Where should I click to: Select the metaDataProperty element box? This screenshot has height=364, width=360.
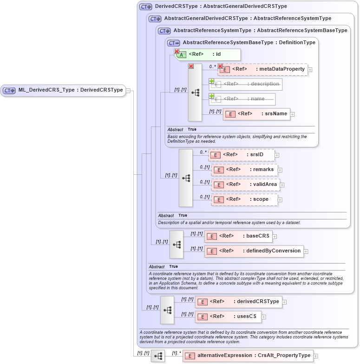point(262,69)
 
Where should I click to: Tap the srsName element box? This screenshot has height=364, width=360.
point(256,114)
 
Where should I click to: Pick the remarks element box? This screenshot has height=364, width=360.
point(244,170)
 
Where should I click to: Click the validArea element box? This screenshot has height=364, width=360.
point(246,185)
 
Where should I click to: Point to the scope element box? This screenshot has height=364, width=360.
point(244,199)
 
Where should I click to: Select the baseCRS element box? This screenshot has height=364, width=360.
point(238,236)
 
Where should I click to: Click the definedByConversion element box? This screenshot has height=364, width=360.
point(254,251)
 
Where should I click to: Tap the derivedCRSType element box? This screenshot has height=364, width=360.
point(238,302)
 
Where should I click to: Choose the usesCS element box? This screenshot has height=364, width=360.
point(228,317)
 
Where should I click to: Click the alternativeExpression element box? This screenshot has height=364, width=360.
point(248,356)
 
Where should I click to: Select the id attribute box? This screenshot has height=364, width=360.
point(207,54)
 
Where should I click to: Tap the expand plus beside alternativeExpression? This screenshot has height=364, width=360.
point(316,356)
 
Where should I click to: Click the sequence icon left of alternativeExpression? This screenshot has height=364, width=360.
point(158,356)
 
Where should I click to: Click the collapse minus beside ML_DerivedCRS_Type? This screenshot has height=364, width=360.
point(128,91)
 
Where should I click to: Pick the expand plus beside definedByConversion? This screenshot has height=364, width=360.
point(306,251)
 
